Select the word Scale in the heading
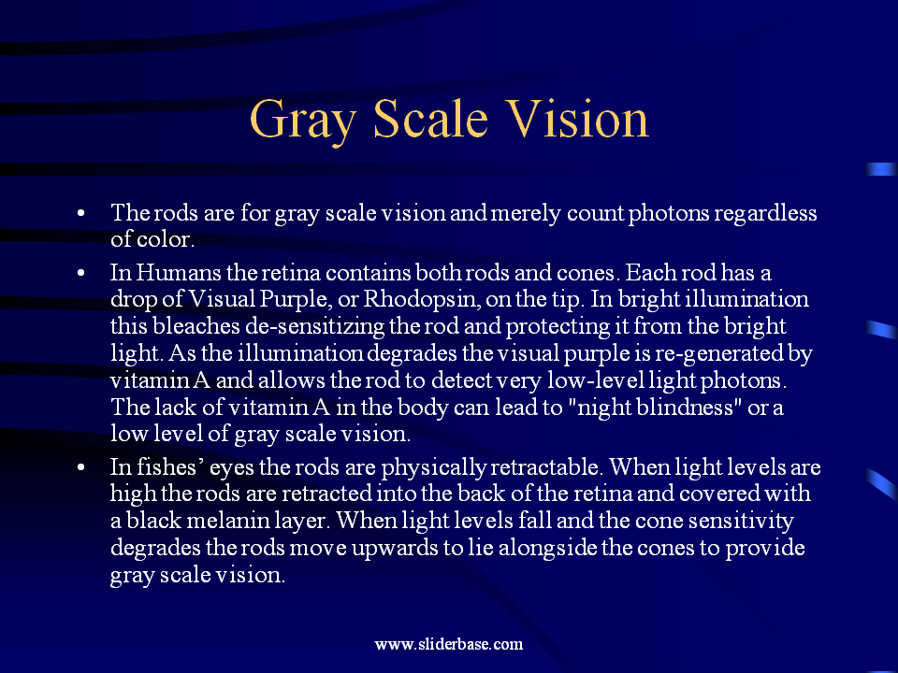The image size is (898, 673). (431, 120)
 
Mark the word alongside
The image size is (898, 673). (548, 548)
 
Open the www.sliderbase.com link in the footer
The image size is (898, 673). (449, 644)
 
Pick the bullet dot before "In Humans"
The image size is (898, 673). (84, 274)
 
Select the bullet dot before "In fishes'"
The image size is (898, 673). (84, 466)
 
